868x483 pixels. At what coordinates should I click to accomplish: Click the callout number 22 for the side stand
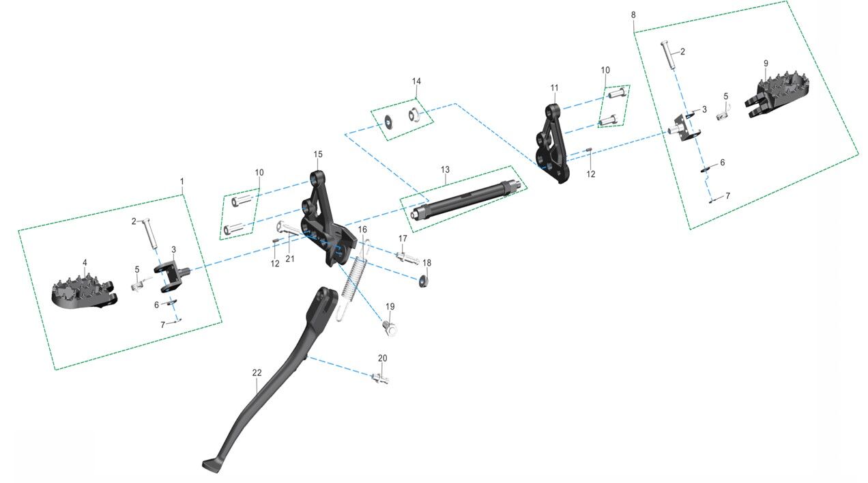(257, 373)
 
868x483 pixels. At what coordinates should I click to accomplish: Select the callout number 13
(445, 169)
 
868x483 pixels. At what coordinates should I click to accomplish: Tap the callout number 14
(416, 81)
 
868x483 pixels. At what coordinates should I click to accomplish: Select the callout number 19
(390, 306)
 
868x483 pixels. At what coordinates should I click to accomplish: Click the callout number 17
(403, 238)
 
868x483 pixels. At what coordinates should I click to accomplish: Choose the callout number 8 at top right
(633, 14)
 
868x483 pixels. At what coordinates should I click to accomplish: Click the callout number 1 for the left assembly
(182, 181)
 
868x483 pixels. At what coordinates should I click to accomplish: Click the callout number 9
(766, 64)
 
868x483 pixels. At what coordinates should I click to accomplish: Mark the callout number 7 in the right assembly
(727, 195)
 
